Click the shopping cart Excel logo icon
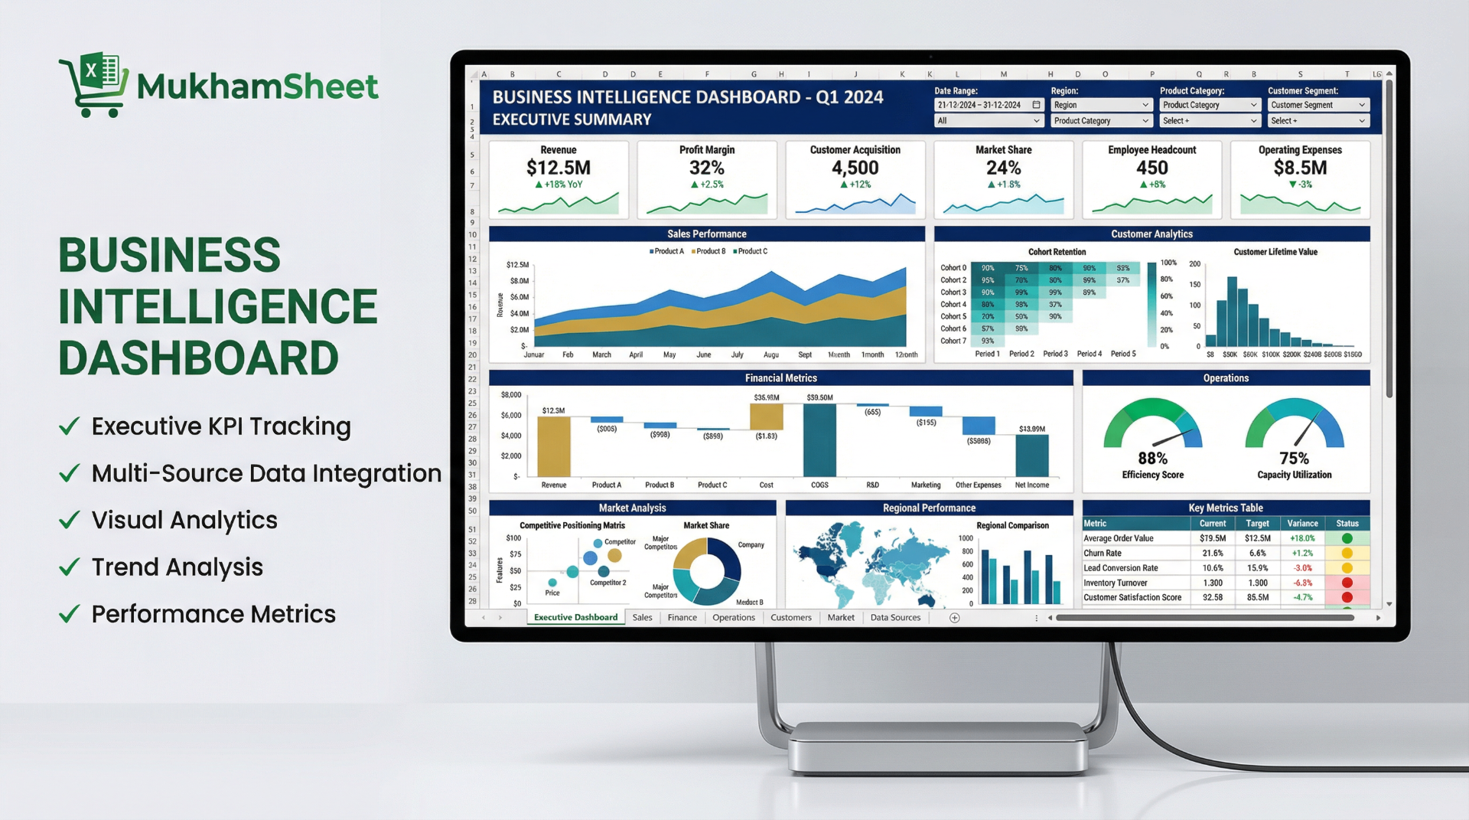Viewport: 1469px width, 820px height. click(x=93, y=84)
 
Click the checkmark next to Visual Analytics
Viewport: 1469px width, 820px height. click(x=70, y=521)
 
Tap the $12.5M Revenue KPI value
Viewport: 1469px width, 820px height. click(x=558, y=168)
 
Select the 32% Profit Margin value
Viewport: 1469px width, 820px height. click(x=706, y=168)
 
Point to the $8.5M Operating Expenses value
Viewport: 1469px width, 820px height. click(x=1300, y=168)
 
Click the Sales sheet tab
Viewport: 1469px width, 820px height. click(x=642, y=618)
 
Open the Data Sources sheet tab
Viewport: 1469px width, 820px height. click(x=895, y=618)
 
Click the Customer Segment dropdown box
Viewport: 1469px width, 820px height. click(x=1318, y=105)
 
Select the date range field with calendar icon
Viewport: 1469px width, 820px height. click(x=988, y=105)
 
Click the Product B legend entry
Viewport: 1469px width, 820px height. click(x=709, y=251)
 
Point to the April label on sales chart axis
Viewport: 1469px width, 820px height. click(x=636, y=355)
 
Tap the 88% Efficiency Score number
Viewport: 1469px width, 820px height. click(x=1152, y=459)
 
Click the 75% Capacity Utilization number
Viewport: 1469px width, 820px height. click(x=1294, y=459)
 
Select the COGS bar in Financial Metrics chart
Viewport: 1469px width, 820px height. click(x=819, y=440)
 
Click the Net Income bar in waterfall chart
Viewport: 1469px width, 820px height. click(x=1031, y=456)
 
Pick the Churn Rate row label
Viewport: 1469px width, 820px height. click(x=1103, y=554)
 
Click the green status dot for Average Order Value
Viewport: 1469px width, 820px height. click(x=1347, y=538)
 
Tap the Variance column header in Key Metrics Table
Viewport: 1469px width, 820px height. click(x=1302, y=524)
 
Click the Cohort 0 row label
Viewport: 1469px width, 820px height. click(x=953, y=268)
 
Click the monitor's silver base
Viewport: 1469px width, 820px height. click(x=938, y=746)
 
